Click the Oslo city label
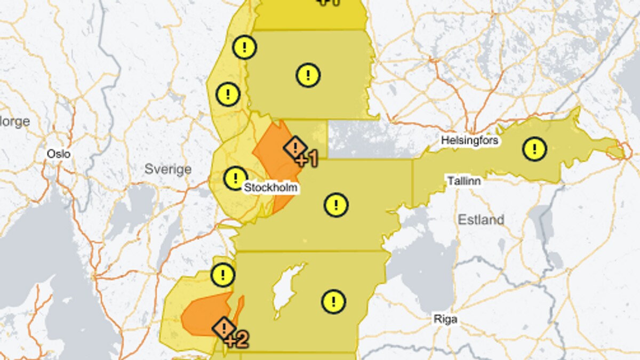[59, 154]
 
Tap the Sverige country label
[168, 170]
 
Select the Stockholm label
[270, 188]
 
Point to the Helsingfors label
[470, 141]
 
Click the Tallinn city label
[464, 181]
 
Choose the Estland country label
[481, 219]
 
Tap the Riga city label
[445, 319]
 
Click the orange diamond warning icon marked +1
[295, 148]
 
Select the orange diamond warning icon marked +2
[225, 328]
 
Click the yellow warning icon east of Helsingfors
[534, 148]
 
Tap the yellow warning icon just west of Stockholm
[235, 178]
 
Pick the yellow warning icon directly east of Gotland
[334, 301]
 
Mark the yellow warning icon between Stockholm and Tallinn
[336, 204]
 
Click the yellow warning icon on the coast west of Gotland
[222, 275]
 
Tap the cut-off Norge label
[14, 122]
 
